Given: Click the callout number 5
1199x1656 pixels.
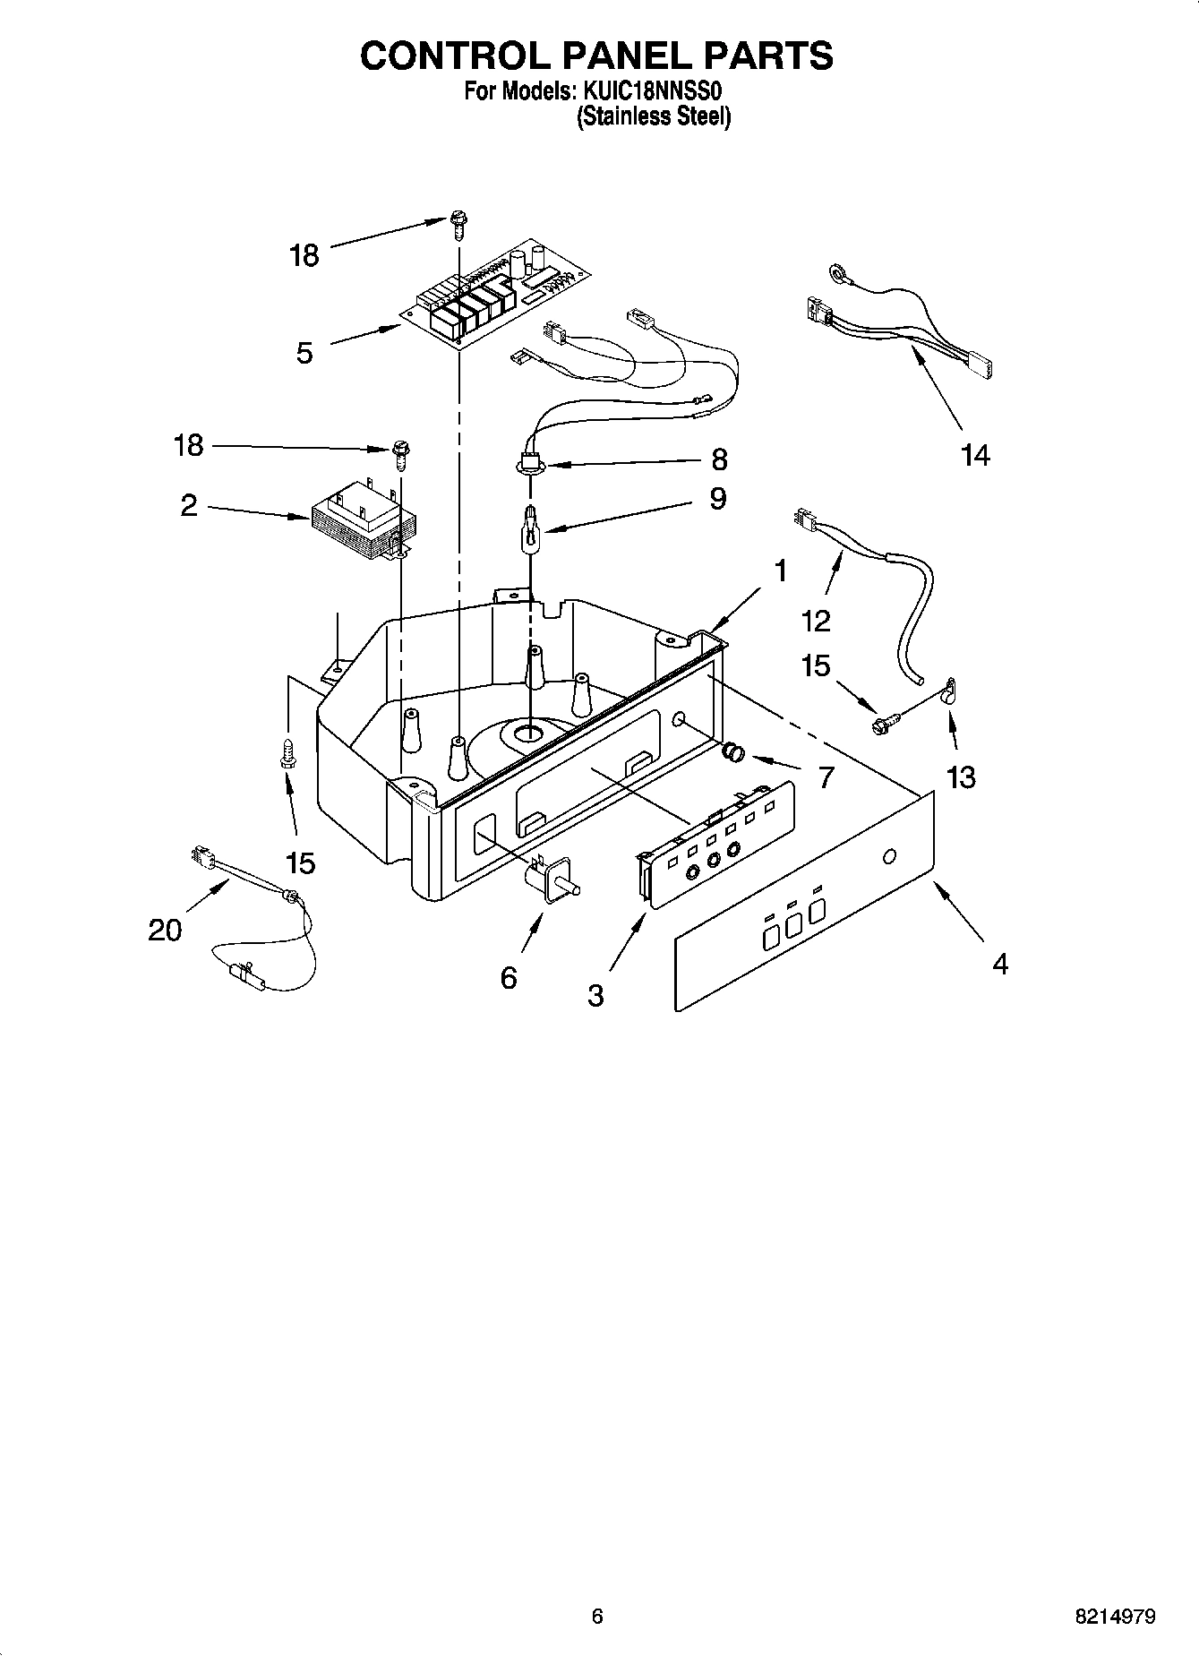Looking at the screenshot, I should click(x=304, y=353).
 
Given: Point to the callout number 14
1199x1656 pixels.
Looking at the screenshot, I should click(x=975, y=456).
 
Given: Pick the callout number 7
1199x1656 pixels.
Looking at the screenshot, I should click(x=825, y=777).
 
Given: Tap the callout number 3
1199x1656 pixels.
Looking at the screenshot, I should click(x=596, y=995).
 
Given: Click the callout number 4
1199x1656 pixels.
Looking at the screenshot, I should click(x=1000, y=964).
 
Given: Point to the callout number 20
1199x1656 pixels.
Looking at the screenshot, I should click(x=165, y=931).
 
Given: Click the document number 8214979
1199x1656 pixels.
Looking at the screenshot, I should click(x=1115, y=1617).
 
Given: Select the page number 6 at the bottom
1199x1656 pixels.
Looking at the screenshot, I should click(x=597, y=1617).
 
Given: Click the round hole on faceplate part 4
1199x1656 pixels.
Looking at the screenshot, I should click(x=888, y=857).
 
